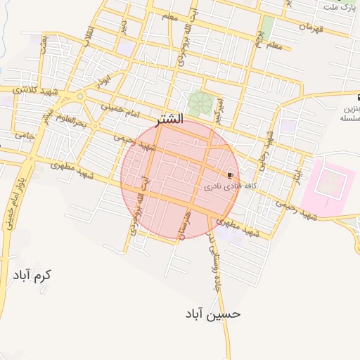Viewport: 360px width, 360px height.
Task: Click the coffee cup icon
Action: [230, 174]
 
